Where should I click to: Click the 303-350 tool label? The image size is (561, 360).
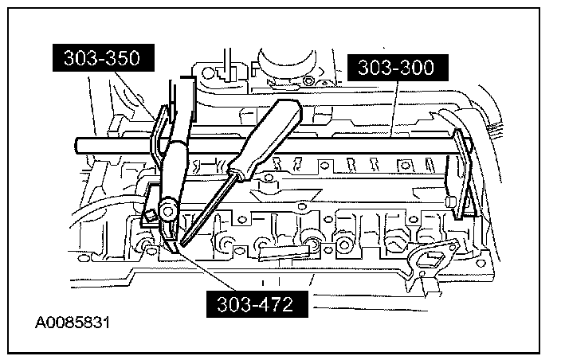(x=100, y=58)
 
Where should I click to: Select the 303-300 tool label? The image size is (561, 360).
(x=396, y=68)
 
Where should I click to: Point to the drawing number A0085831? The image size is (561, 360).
(x=73, y=323)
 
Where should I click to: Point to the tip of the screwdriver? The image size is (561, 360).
(x=182, y=242)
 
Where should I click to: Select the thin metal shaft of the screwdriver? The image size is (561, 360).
(x=203, y=209)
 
